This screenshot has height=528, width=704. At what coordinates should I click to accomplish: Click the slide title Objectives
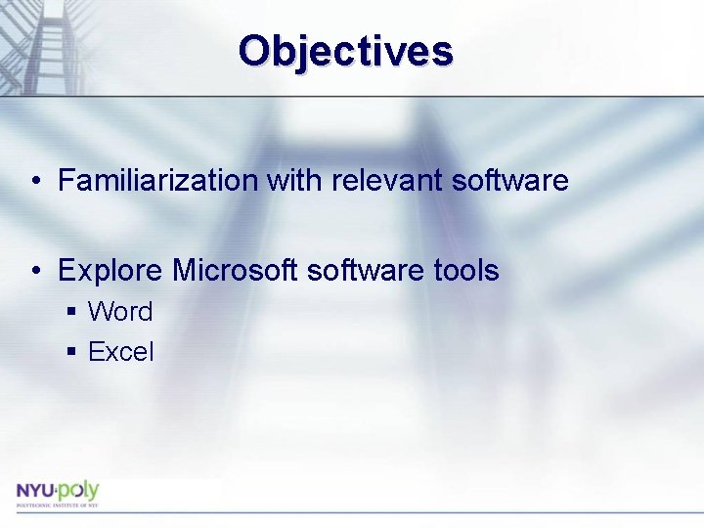pyautogui.click(x=345, y=51)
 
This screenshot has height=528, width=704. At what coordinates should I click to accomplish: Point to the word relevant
pyautogui.click(x=373, y=181)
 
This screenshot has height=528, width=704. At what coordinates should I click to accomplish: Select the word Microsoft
pyautogui.click(x=236, y=270)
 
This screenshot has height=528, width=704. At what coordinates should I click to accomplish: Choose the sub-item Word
pyautogui.click(x=120, y=312)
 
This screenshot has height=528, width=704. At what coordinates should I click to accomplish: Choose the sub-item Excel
pyautogui.click(x=120, y=352)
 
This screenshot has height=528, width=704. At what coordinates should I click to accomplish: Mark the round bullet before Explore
pyautogui.click(x=35, y=271)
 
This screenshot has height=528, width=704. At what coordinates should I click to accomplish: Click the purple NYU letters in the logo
pyautogui.click(x=35, y=490)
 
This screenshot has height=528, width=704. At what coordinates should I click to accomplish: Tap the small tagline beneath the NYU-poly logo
pyautogui.click(x=57, y=505)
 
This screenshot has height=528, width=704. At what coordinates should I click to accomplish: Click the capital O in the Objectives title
pyautogui.click(x=255, y=51)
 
